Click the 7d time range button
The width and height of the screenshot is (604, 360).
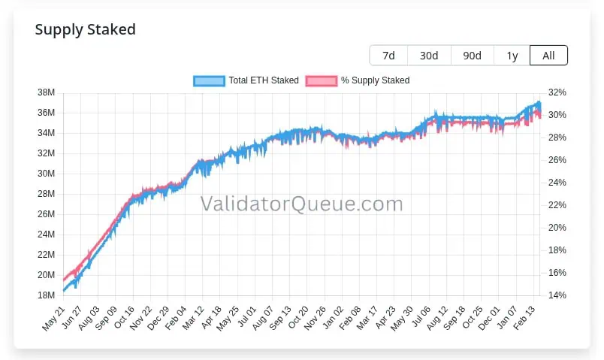pyautogui.click(x=388, y=56)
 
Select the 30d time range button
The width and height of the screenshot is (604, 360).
pyautogui.click(x=429, y=56)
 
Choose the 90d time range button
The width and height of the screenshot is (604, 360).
pyautogui.click(x=472, y=56)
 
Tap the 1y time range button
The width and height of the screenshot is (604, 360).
pyautogui.click(x=512, y=56)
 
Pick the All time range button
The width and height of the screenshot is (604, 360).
pyautogui.click(x=548, y=56)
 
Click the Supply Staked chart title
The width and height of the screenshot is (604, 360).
pyautogui.click(x=85, y=30)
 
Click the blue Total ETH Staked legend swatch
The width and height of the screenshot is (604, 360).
pyautogui.click(x=209, y=80)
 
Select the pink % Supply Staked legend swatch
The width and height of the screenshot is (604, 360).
pyautogui.click(x=321, y=80)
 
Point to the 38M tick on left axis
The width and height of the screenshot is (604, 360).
pyautogui.click(x=46, y=92)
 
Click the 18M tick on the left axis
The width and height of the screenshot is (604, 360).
pyautogui.click(x=46, y=295)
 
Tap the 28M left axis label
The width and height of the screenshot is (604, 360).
pyautogui.click(x=46, y=194)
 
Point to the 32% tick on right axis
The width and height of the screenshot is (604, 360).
pyautogui.click(x=557, y=92)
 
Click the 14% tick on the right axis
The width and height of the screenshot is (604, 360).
pyautogui.click(x=557, y=295)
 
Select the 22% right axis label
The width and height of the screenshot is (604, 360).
pyautogui.click(x=557, y=205)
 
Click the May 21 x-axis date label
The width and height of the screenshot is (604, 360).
pyautogui.click(x=53, y=316)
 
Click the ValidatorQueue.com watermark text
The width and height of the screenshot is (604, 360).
pyautogui.click(x=300, y=204)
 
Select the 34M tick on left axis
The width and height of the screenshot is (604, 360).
pyautogui.click(x=46, y=133)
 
